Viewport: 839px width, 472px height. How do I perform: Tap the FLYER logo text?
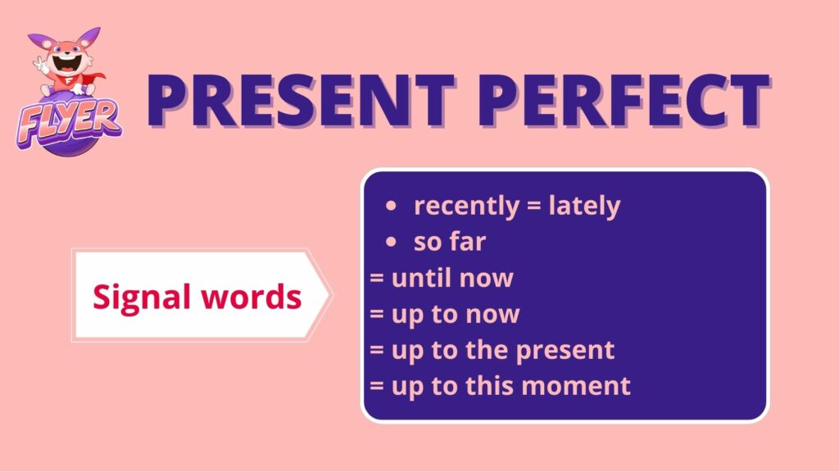[x=69, y=124]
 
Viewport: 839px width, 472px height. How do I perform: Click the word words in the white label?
[x=252, y=296]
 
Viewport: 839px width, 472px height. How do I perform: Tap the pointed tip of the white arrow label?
[x=333, y=295]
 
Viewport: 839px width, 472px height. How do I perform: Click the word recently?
[x=466, y=206]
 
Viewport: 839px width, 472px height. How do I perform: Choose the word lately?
[x=584, y=206]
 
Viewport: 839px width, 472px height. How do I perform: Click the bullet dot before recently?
[x=391, y=206]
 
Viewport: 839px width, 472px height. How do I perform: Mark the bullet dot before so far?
[x=391, y=242]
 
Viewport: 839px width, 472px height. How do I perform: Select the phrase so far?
[x=450, y=242]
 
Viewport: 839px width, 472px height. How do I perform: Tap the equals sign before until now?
[x=377, y=279]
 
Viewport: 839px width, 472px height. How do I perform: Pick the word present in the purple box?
[x=565, y=352]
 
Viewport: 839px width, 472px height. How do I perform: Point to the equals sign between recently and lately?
[x=534, y=206]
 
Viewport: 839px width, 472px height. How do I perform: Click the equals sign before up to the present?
[x=377, y=351]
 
